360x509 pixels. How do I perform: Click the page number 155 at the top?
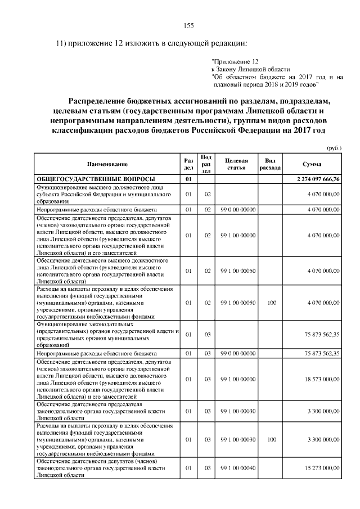189,25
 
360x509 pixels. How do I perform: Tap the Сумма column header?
312,164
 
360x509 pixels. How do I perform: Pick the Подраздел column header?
206,164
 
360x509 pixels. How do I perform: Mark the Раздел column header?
188,164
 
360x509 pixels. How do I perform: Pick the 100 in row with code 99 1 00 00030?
272,436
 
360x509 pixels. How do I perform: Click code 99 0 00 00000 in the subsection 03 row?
238,353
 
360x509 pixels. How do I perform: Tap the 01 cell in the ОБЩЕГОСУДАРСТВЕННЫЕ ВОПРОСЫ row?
189,179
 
